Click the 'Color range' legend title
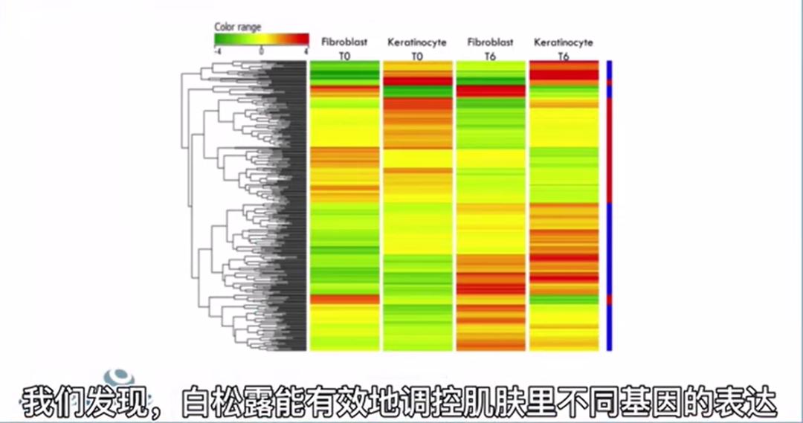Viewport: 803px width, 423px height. (x=238, y=27)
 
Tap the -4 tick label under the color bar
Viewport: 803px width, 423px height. (x=216, y=52)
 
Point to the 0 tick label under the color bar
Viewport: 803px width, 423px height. (x=261, y=52)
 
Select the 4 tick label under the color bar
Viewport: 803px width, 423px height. (x=306, y=52)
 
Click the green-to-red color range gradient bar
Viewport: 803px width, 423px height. (x=261, y=39)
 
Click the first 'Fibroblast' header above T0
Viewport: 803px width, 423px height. (x=344, y=42)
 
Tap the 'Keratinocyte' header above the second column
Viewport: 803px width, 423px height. (x=417, y=42)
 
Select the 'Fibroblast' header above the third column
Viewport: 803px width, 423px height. (x=490, y=42)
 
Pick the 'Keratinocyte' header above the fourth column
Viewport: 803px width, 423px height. (x=564, y=42)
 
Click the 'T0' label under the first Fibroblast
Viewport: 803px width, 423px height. (x=344, y=56)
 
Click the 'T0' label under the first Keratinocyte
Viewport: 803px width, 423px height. (x=417, y=56)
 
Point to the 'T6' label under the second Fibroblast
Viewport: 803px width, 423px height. (x=490, y=56)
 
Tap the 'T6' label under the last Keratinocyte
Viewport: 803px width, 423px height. (x=564, y=56)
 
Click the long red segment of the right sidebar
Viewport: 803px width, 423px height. (x=610, y=149)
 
